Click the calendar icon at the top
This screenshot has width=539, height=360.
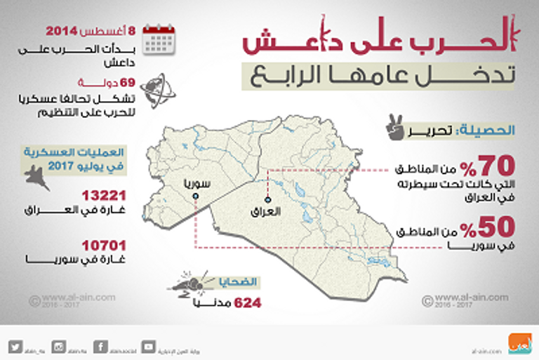point(159,39)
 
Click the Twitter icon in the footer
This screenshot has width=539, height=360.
point(17,346)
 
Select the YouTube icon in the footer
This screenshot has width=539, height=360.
point(149,346)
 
